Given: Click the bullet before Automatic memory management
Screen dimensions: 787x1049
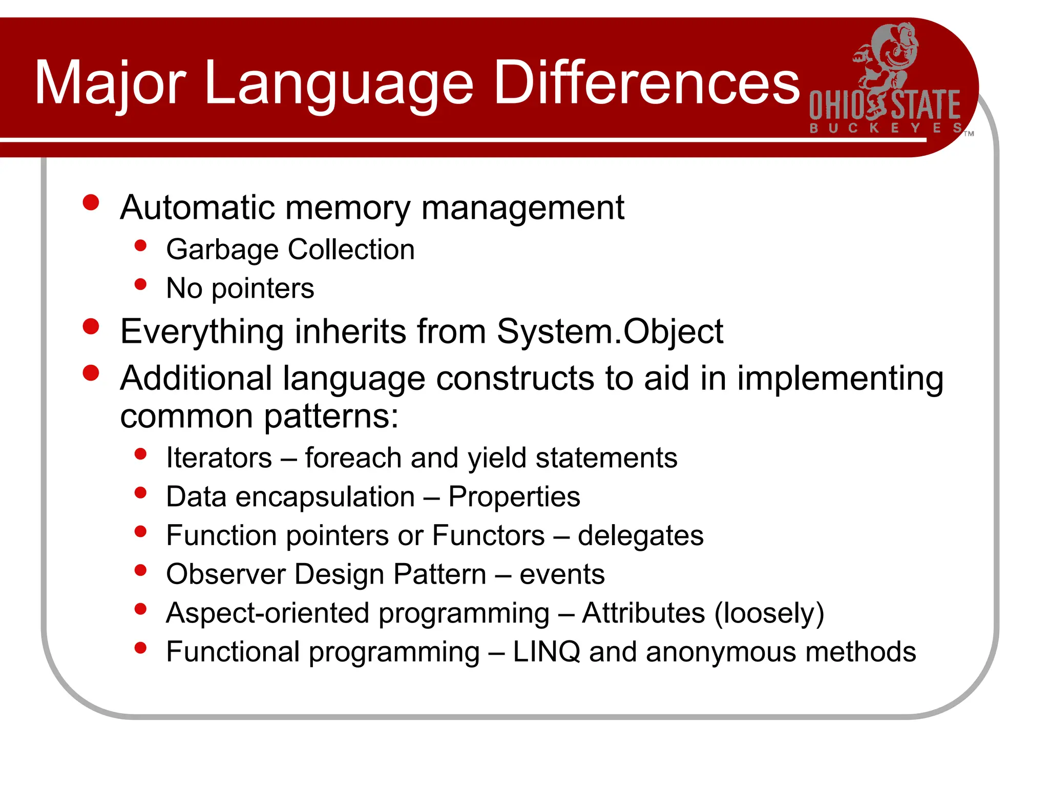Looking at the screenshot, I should click(91, 202).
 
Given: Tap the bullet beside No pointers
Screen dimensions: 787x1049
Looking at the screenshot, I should click(140, 284).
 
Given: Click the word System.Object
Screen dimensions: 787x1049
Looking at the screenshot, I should click(610, 332).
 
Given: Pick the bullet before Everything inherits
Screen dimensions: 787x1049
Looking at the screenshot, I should click(91, 326).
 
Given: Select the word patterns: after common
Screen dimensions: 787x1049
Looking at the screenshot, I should click(331, 417).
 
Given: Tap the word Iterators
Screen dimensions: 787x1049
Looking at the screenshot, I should click(219, 458).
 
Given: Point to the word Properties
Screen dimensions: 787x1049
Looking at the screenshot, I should click(514, 497).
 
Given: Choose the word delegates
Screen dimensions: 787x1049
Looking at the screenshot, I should click(641, 536).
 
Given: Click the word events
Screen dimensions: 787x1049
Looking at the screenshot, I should click(562, 574).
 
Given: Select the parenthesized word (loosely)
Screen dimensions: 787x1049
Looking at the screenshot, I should click(769, 613).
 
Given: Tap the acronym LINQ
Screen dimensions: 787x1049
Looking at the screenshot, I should click(546, 652).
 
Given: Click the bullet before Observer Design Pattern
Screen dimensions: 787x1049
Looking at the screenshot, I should click(140, 570).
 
